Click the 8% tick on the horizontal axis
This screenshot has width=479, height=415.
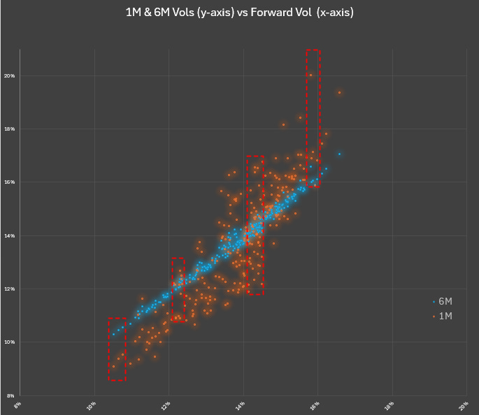[18, 403]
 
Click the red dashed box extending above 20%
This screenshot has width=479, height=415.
[313, 117]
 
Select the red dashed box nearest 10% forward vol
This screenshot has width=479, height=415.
[117, 349]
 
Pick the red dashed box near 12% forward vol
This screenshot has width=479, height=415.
[178, 290]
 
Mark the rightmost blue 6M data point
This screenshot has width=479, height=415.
[339, 154]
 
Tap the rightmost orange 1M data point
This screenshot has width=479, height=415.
[339, 92]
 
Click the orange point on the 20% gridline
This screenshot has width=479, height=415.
[310, 75]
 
